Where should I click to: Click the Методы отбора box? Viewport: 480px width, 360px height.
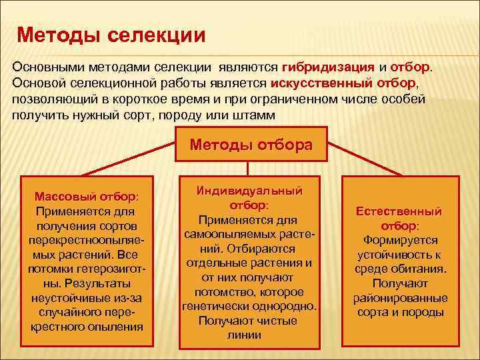(x=251, y=145)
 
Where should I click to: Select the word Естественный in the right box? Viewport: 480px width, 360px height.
(x=399, y=211)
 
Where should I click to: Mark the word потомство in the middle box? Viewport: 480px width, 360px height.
(x=225, y=292)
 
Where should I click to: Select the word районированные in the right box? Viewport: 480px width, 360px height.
(x=399, y=298)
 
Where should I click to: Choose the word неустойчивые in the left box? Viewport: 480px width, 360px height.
(x=69, y=298)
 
